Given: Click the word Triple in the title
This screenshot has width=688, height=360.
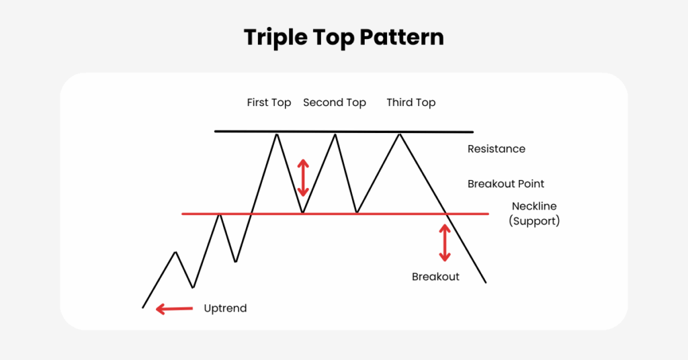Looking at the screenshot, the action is click(276, 38).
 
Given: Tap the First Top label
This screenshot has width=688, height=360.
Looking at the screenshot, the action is click(269, 103).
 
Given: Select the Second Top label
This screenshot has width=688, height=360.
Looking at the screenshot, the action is click(335, 103).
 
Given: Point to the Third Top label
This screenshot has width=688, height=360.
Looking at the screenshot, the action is click(411, 103).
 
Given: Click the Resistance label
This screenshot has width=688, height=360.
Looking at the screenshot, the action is click(497, 149).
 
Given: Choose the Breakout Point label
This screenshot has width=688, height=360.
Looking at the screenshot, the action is click(506, 184).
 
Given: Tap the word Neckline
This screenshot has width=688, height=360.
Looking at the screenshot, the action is click(534, 206).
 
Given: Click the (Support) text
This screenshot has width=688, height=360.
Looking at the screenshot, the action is click(534, 221).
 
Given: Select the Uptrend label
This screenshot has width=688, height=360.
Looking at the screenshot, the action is click(225, 308).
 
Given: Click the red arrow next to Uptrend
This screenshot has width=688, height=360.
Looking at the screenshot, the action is click(174, 309).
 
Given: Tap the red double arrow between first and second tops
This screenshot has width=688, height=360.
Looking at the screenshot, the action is click(303, 177).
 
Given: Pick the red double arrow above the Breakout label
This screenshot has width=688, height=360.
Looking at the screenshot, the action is click(445, 243).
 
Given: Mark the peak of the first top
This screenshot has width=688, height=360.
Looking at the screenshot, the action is click(277, 134).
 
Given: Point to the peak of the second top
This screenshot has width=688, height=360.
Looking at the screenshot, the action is click(335, 134).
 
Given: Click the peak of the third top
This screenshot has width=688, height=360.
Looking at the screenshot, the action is click(400, 134).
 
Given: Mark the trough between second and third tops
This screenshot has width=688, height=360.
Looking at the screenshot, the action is click(357, 213).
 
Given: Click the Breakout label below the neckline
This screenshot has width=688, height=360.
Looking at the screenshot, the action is click(435, 277).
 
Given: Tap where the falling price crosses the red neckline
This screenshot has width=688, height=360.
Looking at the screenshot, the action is click(447, 214).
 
